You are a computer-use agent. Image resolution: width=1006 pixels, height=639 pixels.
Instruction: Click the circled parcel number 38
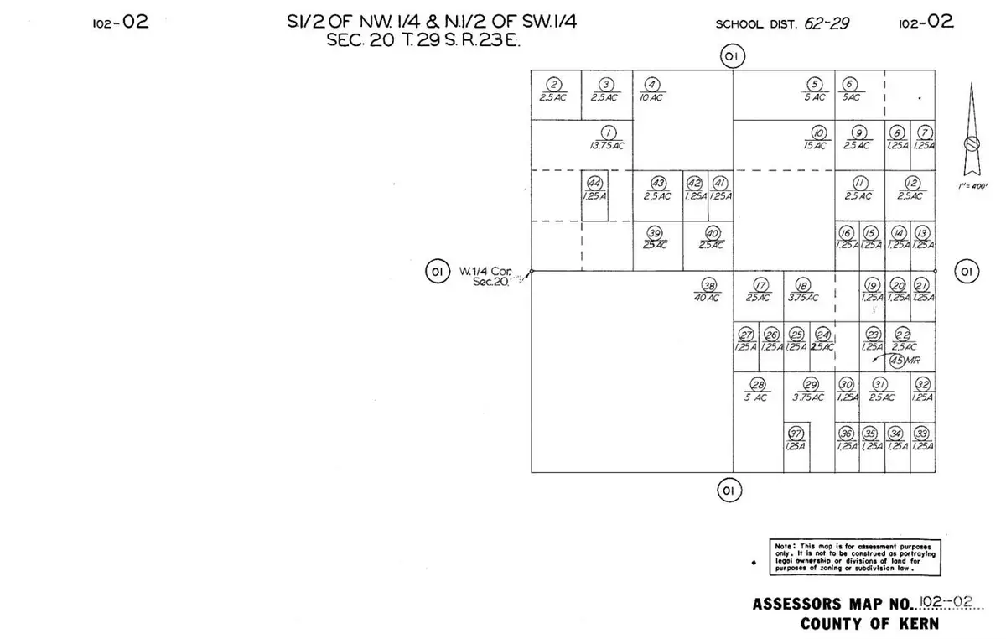[708, 284]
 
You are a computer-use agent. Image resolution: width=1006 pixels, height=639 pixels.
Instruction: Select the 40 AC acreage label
[708, 298]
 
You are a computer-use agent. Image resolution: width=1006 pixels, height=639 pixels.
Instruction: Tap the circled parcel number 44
[594, 183]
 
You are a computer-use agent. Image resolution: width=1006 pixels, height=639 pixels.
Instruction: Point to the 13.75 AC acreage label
[607, 145]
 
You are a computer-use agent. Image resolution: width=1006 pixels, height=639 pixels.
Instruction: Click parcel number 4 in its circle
[652, 84]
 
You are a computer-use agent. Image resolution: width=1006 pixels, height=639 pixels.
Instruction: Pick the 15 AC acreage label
[815, 145]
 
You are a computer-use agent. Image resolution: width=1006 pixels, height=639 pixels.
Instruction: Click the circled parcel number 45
[898, 361]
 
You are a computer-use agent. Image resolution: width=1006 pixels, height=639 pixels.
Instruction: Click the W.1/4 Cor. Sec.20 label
[485, 275]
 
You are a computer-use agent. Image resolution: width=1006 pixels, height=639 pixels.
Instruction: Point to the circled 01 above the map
[732, 56]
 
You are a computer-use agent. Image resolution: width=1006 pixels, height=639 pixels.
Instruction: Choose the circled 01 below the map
[727, 490]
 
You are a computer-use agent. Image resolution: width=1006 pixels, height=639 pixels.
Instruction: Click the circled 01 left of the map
[436, 272]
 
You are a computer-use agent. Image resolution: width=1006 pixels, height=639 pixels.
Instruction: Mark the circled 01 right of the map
[967, 271]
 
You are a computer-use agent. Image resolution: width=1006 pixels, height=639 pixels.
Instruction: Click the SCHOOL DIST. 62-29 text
[781, 23]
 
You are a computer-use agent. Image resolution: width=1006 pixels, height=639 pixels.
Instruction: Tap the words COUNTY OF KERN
[869, 624]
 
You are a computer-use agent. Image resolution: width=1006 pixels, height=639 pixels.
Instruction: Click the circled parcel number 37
[796, 434]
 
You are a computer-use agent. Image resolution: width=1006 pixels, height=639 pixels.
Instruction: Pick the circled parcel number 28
[757, 384]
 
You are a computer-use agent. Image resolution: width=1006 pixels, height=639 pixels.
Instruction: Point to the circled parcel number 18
[803, 284]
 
